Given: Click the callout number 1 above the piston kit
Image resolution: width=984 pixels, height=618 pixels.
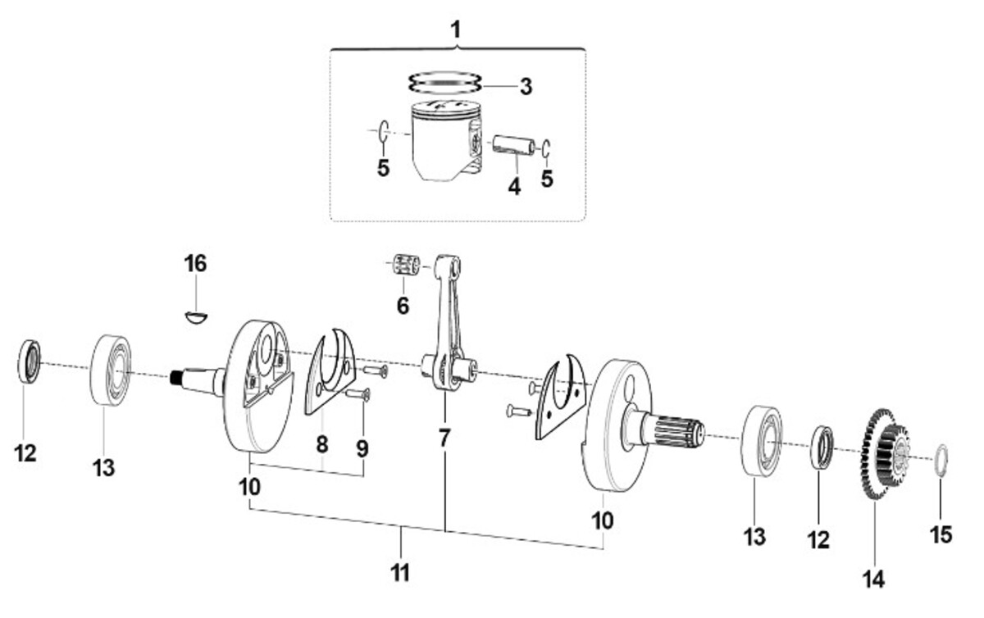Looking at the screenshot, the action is pyautogui.click(x=456, y=30).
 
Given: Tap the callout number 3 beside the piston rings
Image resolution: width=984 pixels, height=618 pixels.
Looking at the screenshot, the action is pyautogui.click(x=526, y=87).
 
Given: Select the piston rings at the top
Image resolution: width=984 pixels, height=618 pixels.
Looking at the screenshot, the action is pyautogui.click(x=444, y=83).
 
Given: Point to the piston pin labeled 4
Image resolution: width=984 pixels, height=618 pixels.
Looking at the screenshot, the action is pyautogui.click(x=513, y=146).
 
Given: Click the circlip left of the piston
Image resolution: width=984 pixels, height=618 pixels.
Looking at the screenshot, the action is pyautogui.click(x=383, y=131).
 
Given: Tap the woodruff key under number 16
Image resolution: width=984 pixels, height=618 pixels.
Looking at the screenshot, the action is pyautogui.click(x=196, y=317).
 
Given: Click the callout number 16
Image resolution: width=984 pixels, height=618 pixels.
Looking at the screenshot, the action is pyautogui.click(x=195, y=264).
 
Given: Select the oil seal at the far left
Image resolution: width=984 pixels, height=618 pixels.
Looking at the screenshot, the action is pyautogui.click(x=30, y=361).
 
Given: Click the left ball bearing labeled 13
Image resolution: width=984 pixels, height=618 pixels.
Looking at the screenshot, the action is pyautogui.click(x=112, y=370).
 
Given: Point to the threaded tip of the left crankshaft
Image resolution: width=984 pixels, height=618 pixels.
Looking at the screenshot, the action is pyautogui.click(x=176, y=378).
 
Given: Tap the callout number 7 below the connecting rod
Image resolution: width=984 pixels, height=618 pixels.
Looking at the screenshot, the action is pyautogui.click(x=444, y=439).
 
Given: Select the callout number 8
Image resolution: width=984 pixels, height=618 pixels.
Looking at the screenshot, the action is pyautogui.click(x=322, y=444).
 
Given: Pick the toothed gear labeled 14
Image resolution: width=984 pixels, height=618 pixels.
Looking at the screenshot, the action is pyautogui.click(x=884, y=453).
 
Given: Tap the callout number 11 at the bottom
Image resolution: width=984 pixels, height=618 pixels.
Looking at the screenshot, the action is pyautogui.click(x=400, y=572).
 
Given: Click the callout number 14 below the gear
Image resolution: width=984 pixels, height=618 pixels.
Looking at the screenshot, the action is pyautogui.click(x=873, y=579).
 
